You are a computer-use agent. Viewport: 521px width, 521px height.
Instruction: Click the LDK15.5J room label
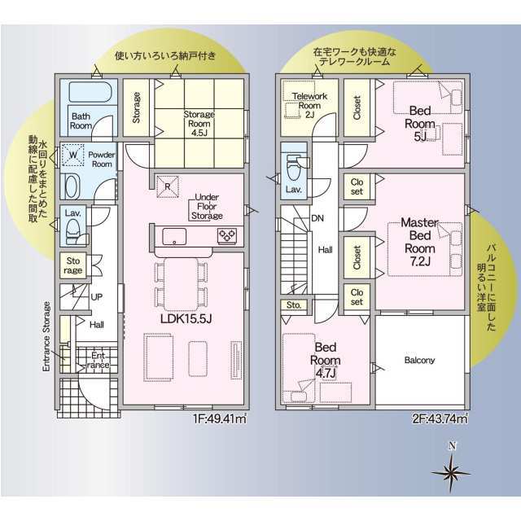point(186,319)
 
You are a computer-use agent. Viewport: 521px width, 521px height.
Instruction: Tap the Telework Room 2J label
point(309,105)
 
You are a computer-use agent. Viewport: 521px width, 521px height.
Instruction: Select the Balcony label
point(420,360)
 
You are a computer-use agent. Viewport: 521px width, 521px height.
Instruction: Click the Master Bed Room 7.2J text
point(420,242)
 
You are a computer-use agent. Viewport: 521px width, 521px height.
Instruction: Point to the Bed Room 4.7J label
point(326,361)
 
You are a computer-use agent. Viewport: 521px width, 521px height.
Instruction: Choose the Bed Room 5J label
point(420,124)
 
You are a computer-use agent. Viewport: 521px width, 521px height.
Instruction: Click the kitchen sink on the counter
point(174,237)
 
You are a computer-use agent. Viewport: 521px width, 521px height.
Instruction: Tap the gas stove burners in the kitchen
point(227,236)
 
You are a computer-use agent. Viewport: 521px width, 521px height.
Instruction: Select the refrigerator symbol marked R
point(168,186)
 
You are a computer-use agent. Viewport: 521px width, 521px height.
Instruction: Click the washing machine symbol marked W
point(73,155)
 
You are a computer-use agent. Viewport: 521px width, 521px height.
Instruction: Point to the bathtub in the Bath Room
point(90,92)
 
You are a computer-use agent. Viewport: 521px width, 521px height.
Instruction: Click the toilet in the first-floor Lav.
point(72,232)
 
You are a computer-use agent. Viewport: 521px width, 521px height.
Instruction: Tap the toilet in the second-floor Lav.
point(294,169)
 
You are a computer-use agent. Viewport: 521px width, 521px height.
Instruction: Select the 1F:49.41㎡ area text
point(220,418)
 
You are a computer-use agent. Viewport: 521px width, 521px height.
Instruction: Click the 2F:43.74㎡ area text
point(440,418)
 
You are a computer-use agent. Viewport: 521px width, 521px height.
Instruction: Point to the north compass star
point(451,473)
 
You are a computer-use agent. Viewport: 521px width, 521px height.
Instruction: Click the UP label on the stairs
point(97,296)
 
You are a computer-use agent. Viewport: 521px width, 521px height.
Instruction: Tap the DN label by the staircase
point(317,218)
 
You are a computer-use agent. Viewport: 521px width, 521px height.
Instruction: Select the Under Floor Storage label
point(207,206)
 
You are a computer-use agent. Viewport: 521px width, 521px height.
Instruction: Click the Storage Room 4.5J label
point(199,124)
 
